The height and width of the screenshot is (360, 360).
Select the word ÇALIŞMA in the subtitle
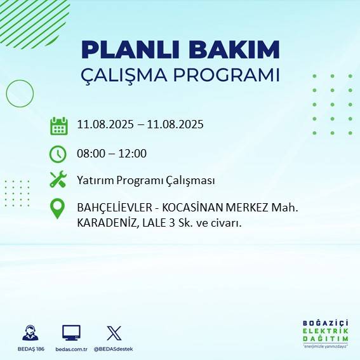[128, 75]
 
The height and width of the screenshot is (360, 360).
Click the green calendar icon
[58, 125]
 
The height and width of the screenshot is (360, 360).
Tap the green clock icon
[58, 153]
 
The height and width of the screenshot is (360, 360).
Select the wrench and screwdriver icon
[58, 180]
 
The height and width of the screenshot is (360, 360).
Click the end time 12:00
[132, 153]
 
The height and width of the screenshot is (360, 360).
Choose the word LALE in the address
[156, 222]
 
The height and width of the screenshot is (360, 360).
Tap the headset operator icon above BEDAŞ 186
[30, 333]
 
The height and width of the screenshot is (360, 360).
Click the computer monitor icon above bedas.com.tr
[71, 333]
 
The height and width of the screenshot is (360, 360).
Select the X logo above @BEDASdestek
[114, 333]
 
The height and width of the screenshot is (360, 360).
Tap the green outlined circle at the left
[19, 93]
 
